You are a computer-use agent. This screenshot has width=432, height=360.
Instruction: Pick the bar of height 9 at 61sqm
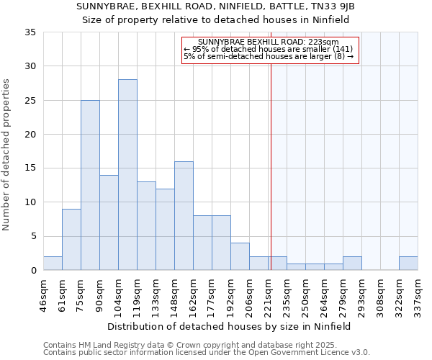point(71,240)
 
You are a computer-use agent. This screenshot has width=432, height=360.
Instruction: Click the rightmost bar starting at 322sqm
point(408,264)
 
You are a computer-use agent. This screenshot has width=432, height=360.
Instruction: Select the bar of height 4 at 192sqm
point(240,256)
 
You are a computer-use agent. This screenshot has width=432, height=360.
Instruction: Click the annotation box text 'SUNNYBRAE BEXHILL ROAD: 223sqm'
point(269,42)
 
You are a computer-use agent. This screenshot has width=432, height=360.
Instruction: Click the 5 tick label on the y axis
point(32,237)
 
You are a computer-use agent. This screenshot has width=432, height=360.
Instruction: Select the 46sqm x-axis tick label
point(43,294)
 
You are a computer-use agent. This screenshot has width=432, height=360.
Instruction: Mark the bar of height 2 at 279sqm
point(352,264)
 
